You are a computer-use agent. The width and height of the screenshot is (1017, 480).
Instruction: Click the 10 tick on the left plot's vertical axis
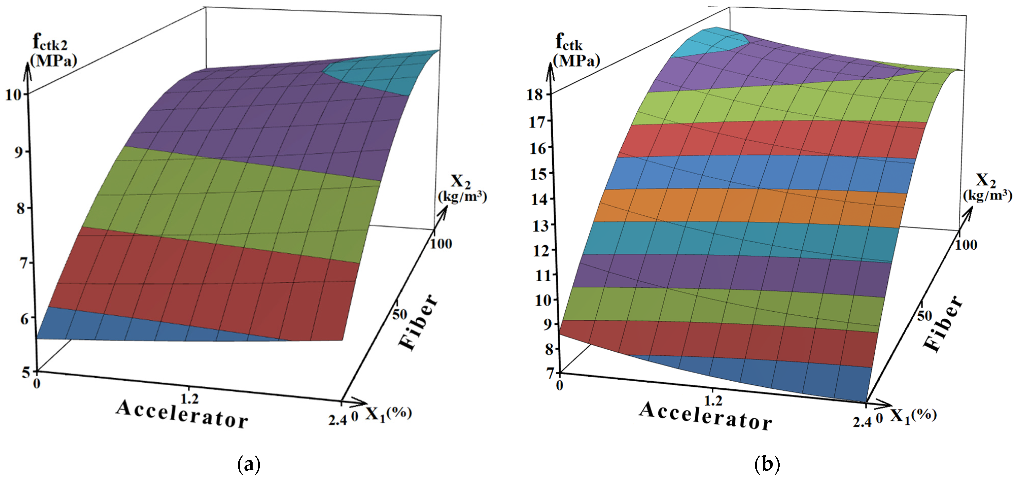point(14,95)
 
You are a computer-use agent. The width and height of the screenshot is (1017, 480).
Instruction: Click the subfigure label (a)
point(249,464)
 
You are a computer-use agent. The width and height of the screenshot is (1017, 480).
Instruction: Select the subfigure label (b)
point(767,464)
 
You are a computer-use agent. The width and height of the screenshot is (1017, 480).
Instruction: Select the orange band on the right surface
point(750,205)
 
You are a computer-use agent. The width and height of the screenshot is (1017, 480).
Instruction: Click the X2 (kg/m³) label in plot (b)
point(987,188)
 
